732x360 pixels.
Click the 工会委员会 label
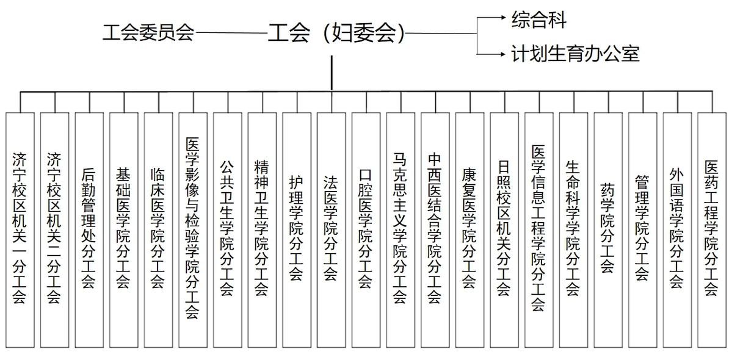148,33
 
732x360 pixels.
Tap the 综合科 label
538,20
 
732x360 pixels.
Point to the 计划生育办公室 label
575,54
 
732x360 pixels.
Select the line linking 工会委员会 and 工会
231,33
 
